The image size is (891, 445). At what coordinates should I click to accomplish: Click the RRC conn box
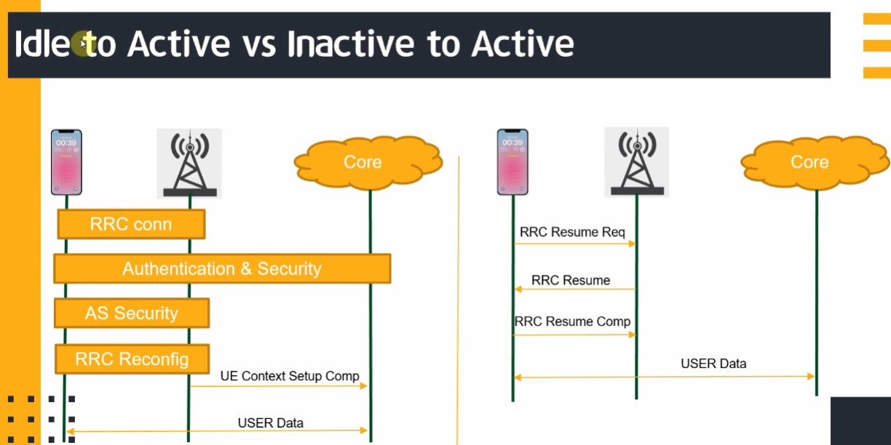coord(131,224)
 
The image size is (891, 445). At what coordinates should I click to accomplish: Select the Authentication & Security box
coord(222,269)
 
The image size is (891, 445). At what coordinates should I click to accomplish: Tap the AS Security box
coord(132,313)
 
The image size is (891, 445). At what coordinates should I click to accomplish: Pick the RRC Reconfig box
coord(132,358)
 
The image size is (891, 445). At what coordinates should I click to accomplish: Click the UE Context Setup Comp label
coord(290,376)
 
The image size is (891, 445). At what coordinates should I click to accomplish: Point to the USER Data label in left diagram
coord(271,422)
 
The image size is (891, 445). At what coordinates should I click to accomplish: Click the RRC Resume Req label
coord(572,233)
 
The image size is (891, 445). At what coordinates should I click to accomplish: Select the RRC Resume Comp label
coord(572,321)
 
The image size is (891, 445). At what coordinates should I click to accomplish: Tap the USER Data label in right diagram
coord(713,364)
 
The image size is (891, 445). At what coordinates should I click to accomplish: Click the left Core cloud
coord(363,161)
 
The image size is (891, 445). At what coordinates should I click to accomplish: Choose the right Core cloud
coord(809,161)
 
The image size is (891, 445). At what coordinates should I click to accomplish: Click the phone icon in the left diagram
coord(66,162)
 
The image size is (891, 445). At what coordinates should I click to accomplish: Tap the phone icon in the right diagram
coord(512,162)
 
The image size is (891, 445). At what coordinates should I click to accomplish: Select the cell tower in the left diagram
coord(189,164)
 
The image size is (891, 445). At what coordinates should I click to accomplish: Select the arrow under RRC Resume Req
coord(575,244)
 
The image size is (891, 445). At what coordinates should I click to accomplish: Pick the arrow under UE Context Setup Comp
coord(279,386)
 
